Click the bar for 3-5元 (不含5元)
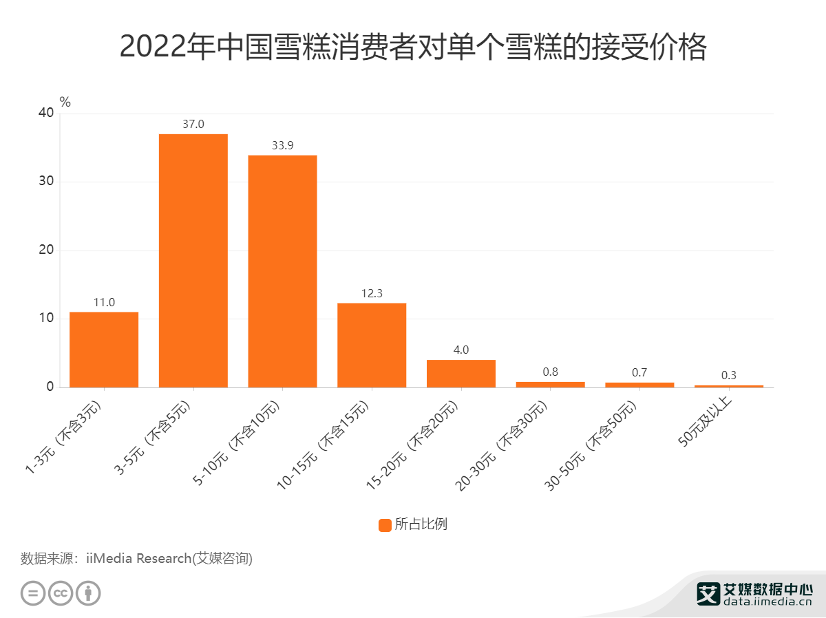point(193,260)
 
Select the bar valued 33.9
point(282,271)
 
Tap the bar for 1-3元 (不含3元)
point(104,350)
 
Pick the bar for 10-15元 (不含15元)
point(372,345)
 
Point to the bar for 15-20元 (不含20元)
point(461,374)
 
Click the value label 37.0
point(193,125)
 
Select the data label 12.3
point(372,294)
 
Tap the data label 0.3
point(729,376)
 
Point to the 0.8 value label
point(551,372)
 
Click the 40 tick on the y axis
point(45,114)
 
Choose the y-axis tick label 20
point(45,251)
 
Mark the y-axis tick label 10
point(45,319)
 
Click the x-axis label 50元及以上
point(709,422)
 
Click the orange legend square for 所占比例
point(385,524)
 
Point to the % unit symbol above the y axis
point(65,103)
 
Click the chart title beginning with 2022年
point(413,47)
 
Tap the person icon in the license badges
point(88,593)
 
